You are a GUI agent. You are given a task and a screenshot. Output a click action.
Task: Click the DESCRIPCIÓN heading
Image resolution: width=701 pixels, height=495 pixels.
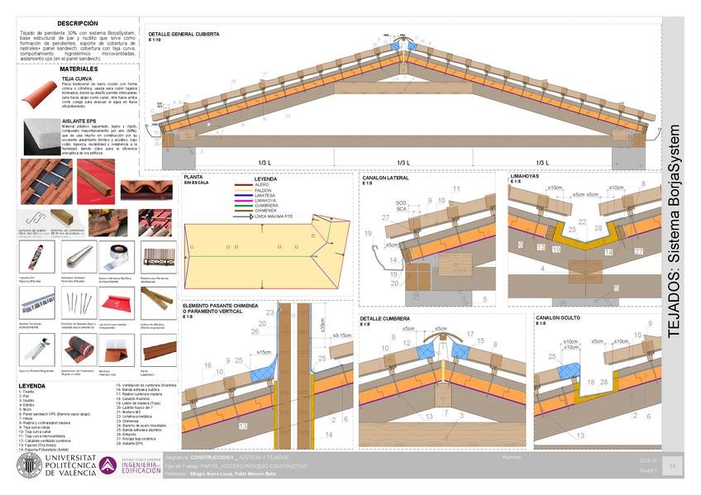[78, 24]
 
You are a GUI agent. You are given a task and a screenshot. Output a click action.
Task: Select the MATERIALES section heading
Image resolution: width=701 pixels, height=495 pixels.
[78, 69]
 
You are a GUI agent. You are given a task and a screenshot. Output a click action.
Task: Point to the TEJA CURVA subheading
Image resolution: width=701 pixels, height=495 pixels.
[77, 79]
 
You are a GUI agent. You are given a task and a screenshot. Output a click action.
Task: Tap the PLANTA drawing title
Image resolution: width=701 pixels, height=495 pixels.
[193, 177]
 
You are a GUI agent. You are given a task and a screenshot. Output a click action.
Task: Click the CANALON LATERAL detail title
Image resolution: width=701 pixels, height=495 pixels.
[385, 178]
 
